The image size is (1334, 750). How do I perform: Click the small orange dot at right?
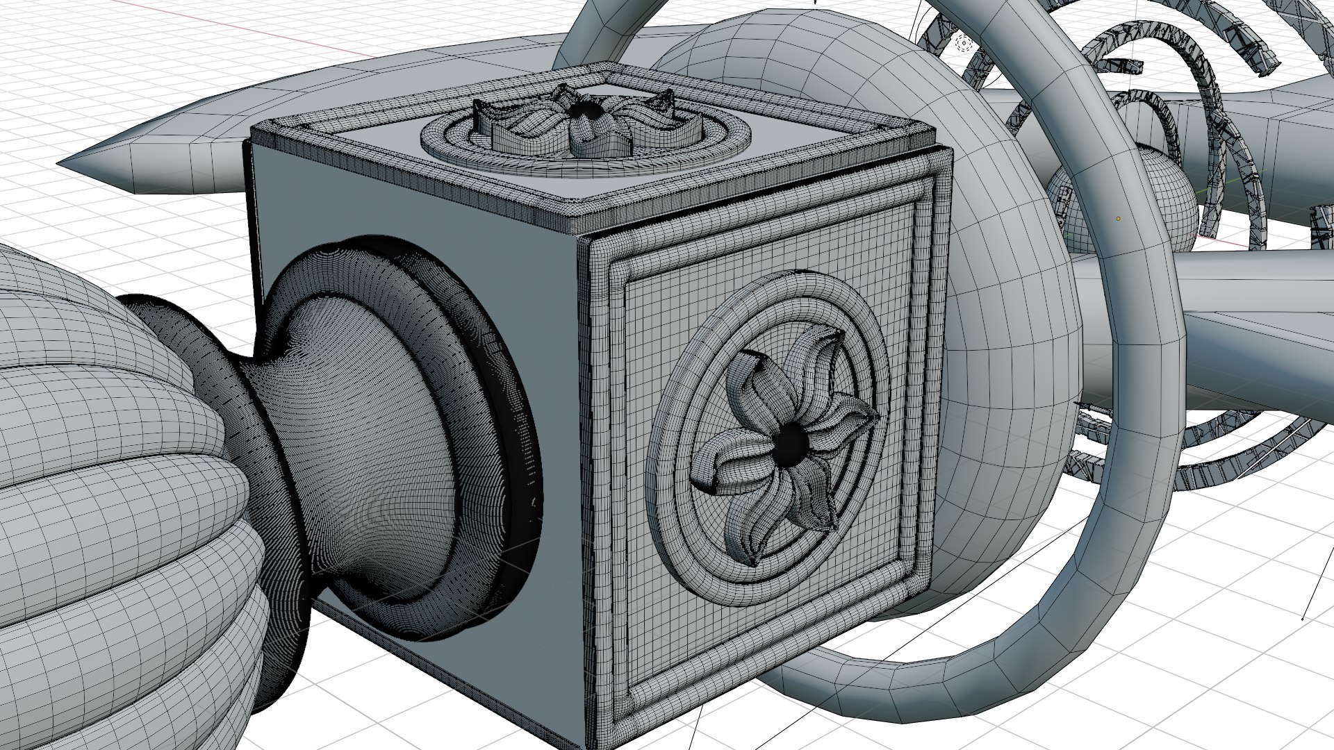point(1118,219)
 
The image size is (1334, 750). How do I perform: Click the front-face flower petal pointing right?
point(855,417)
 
